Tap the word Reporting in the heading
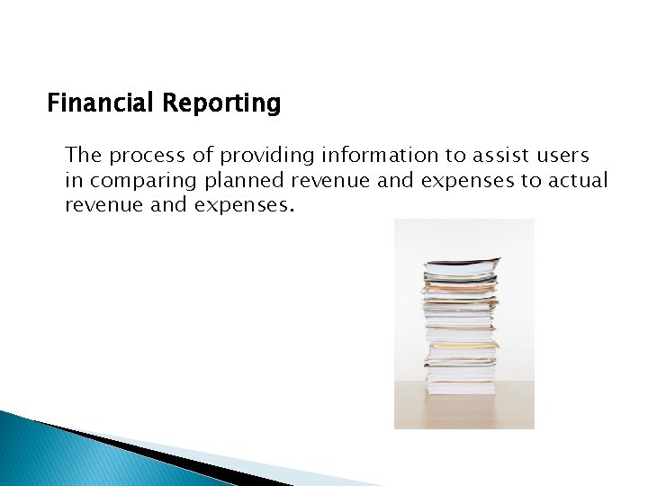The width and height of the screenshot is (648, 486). pos(221,104)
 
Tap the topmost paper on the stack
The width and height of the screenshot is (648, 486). pos(462,264)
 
